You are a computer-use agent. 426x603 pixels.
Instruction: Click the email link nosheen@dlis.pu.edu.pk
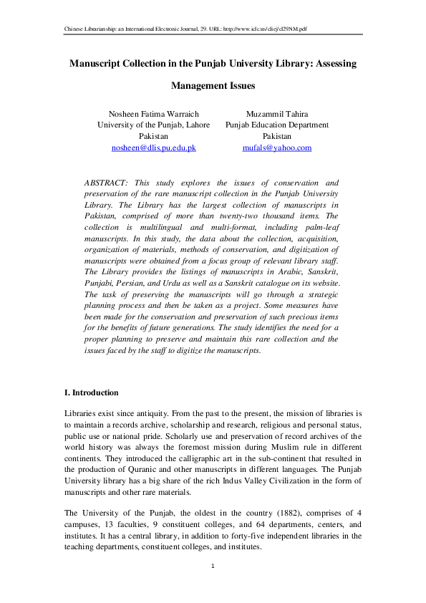pos(153,148)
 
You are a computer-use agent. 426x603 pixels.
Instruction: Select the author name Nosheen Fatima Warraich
pos(153,113)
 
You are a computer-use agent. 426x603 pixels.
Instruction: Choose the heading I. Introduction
pos(92,393)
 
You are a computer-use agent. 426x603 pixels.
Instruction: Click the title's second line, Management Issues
pos(213,86)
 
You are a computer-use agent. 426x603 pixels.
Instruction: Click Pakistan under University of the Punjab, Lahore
pos(153,136)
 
